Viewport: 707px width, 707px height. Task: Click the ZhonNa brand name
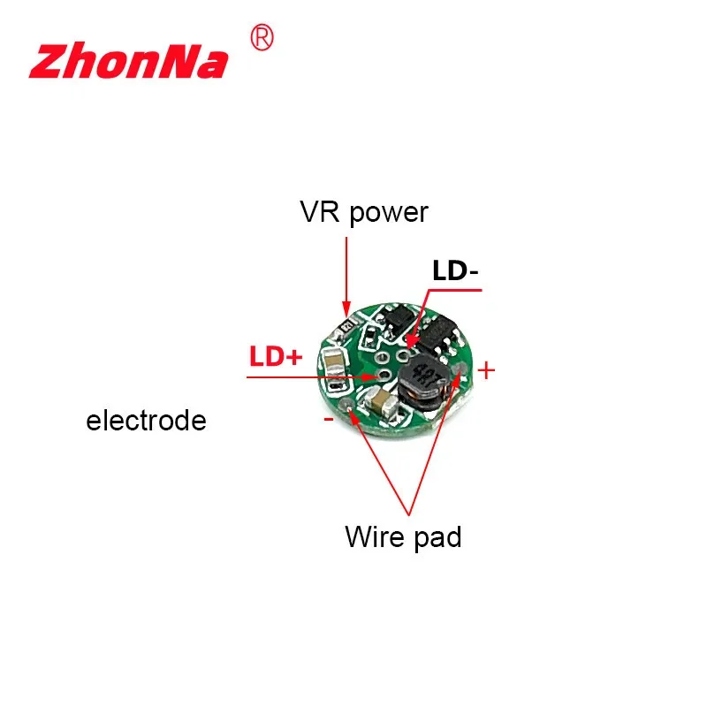tap(128, 61)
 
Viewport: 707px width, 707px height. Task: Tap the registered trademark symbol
tap(263, 37)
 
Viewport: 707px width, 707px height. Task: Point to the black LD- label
tap(454, 271)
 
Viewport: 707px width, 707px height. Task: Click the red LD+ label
tap(275, 357)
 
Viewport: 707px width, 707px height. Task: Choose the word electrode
tap(146, 421)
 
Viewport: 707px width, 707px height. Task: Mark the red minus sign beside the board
tap(329, 418)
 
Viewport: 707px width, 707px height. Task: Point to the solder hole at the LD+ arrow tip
tap(384, 376)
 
